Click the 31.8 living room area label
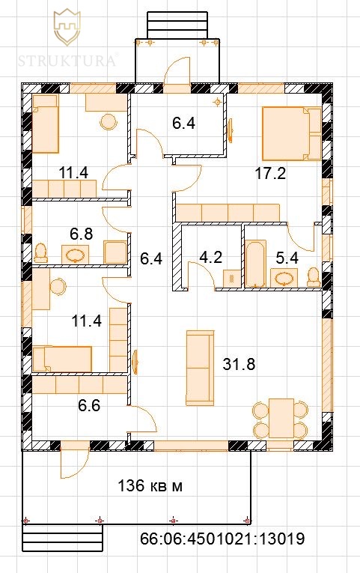[x=239, y=364]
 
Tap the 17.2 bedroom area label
[x=270, y=174]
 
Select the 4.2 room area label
[x=210, y=257]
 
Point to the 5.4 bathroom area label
[x=287, y=258]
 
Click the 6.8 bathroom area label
[x=81, y=234]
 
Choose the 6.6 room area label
[x=89, y=405]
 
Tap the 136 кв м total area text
[x=150, y=486]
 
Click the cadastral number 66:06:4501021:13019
[x=222, y=539]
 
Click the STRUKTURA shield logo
[x=67, y=28]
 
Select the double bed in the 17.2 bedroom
[x=292, y=133]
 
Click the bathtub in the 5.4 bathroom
[x=255, y=263]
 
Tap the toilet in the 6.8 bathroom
[x=41, y=253]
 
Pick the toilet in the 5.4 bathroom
[x=314, y=277]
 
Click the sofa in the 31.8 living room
[x=200, y=368]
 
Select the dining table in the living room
[x=281, y=418]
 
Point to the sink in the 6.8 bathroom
[x=75, y=254]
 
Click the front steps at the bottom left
[x=62, y=538]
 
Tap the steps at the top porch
[x=177, y=25]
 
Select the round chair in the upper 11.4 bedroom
[x=109, y=121]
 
